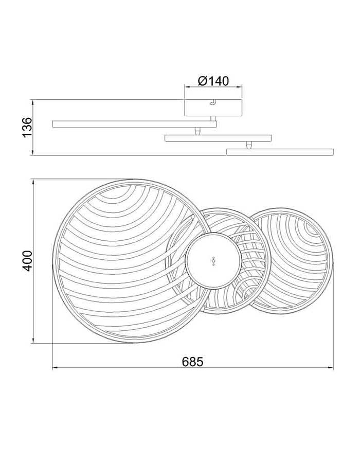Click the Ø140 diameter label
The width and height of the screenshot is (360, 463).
213,81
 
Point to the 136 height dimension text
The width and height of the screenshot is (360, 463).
27,127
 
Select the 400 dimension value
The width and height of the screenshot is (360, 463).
28,261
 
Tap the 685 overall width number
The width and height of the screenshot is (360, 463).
193,362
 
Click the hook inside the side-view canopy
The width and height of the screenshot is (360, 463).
212,102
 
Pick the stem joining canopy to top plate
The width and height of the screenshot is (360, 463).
213,118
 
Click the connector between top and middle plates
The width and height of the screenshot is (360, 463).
197,131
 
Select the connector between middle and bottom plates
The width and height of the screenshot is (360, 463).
249,145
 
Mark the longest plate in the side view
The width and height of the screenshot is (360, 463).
134,124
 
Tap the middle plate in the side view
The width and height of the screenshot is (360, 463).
218,138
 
